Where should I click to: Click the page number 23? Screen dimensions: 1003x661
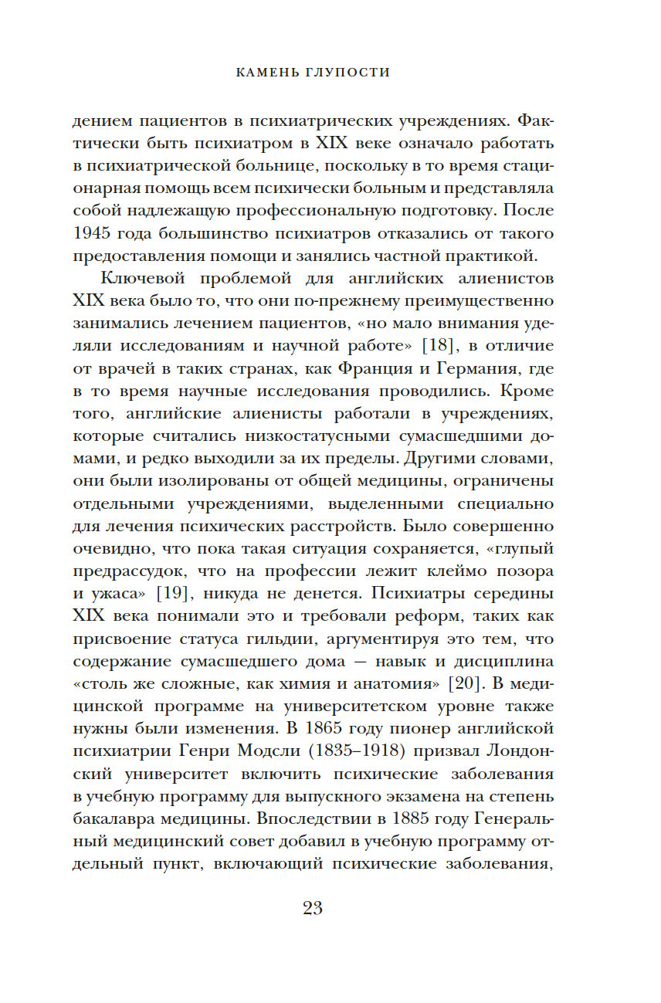(313, 908)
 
